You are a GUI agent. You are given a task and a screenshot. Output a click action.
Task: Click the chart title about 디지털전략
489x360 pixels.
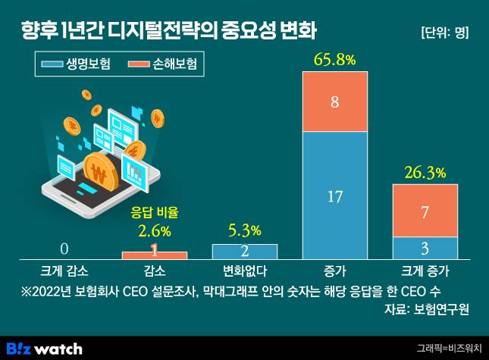pos(169,31)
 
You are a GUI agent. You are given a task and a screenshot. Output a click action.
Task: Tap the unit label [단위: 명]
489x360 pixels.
pos(444,33)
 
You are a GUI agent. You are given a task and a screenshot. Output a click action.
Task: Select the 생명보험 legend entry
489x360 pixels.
pos(79,64)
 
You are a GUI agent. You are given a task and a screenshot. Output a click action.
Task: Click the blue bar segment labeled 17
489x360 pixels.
pos(334,196)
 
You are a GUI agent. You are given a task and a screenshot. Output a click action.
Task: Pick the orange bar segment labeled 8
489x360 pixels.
pos(334,102)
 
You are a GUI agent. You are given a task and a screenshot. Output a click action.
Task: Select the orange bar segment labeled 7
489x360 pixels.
pos(425,210)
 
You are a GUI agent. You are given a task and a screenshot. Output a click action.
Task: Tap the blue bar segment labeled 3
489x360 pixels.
pos(425,247)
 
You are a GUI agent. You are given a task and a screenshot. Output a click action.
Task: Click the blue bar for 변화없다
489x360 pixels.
pos(244,251)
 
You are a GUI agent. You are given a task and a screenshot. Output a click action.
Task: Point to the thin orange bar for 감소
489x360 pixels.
pos(154,255)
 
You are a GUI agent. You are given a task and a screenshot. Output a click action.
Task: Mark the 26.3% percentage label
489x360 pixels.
pos(425,173)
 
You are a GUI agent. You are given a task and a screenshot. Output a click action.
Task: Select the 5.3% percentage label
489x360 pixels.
pos(244,230)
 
